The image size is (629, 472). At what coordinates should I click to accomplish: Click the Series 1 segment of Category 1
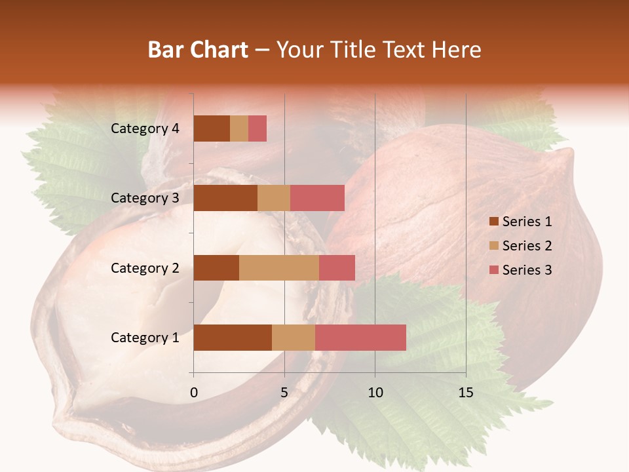coord(233,338)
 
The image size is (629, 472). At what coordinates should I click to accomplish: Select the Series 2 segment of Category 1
coord(294,338)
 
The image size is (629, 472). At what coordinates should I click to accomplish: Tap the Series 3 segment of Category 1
coord(360,338)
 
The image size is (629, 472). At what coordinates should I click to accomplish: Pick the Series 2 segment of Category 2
coord(279,267)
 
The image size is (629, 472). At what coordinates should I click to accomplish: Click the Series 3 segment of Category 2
coord(337,267)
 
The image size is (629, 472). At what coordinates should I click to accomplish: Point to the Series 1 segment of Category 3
coord(225,198)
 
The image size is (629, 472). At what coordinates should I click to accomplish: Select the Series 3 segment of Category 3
coord(317,198)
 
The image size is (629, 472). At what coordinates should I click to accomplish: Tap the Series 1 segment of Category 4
coord(212,128)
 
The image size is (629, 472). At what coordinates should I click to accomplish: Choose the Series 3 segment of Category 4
coord(257,128)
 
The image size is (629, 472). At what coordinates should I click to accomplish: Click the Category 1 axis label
coord(145,338)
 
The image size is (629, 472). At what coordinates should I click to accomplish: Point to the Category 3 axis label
coord(145,198)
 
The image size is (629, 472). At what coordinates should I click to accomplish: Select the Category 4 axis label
coord(145,128)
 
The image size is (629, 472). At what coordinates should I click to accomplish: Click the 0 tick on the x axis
coord(194,393)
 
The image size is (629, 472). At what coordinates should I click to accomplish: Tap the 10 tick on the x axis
coord(375,393)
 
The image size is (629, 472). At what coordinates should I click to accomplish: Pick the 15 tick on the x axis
coord(466,393)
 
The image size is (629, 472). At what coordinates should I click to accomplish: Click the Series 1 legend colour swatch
coord(493,222)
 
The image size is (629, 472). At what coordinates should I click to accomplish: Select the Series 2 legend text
coord(527,246)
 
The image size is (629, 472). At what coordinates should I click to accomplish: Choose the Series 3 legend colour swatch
coord(493,270)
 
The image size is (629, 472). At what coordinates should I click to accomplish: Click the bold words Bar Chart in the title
coord(198,50)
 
